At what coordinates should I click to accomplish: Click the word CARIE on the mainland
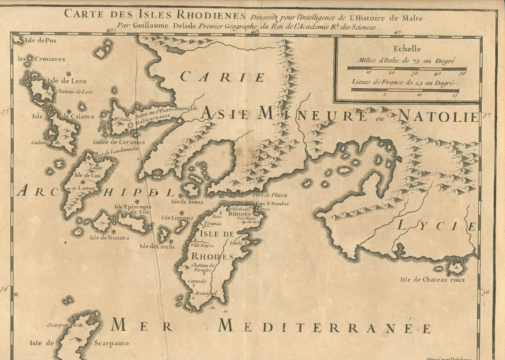(x=222, y=76)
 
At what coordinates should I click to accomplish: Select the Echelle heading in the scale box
(x=406, y=49)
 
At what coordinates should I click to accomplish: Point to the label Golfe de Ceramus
(x=119, y=142)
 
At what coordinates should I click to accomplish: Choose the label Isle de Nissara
(x=109, y=238)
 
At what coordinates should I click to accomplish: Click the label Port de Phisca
(x=271, y=195)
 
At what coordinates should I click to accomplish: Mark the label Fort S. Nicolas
(x=272, y=204)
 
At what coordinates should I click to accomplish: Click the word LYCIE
(x=437, y=227)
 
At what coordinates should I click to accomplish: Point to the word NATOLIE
(x=438, y=116)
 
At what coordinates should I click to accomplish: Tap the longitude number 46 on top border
(x=254, y=31)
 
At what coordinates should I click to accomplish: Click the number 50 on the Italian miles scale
(x=462, y=73)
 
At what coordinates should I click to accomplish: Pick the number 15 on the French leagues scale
(x=454, y=95)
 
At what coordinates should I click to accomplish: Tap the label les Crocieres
(x=42, y=59)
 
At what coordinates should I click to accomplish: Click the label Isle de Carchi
(x=152, y=246)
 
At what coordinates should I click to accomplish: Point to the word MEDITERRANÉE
(x=324, y=327)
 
